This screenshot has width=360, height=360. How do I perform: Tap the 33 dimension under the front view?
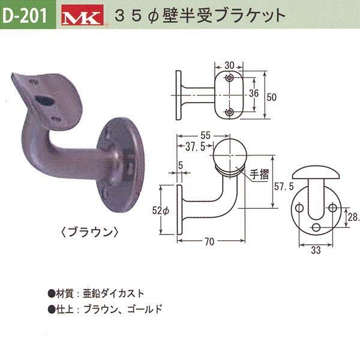pyautogui.click(x=316, y=252)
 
